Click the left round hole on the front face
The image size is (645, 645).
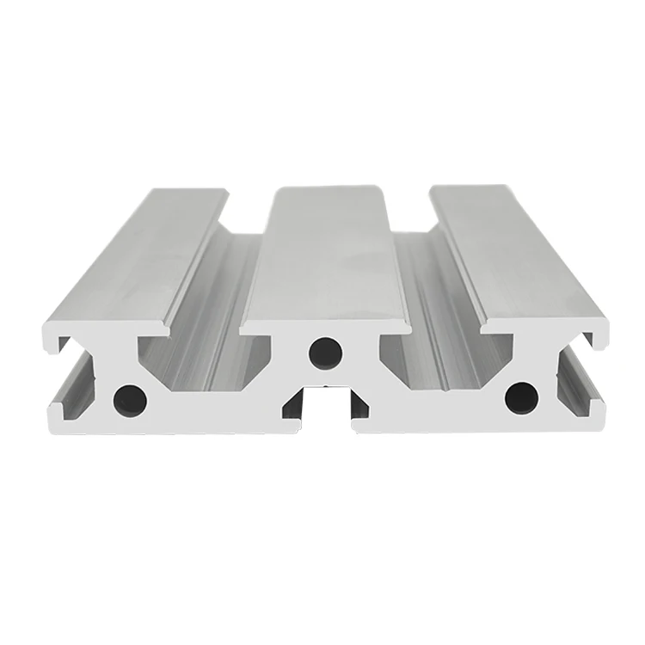pos(129,397)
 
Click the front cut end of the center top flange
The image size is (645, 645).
pos(323,325)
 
